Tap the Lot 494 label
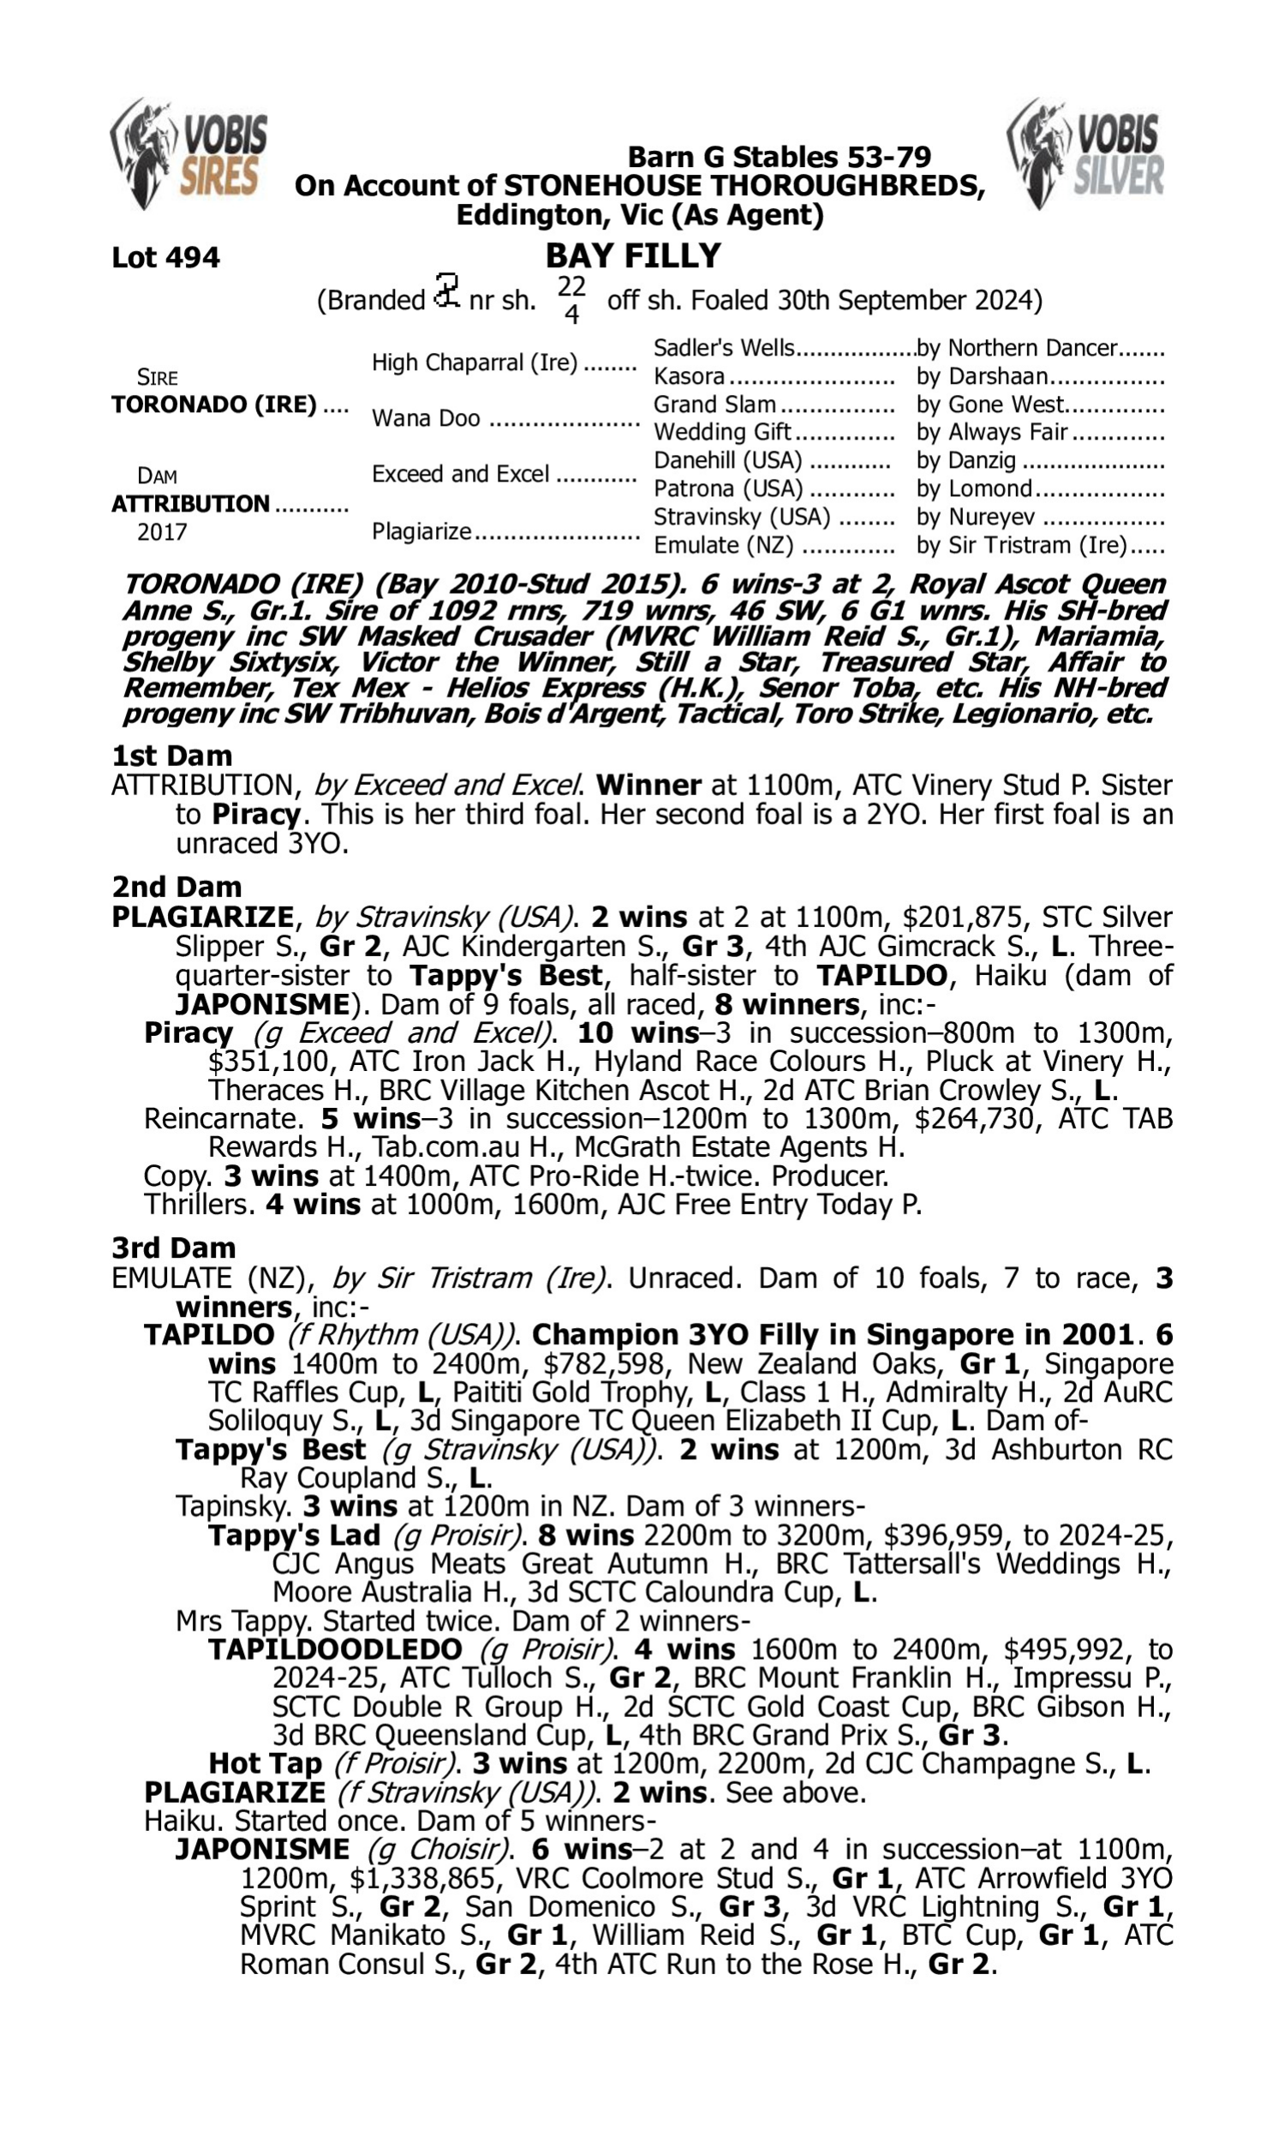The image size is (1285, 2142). tap(165, 257)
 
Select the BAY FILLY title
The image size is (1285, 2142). tap(633, 255)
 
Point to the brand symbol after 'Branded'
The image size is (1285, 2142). tap(447, 292)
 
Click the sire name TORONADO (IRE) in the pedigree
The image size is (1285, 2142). tap(214, 404)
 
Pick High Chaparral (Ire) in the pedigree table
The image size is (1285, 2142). tap(475, 362)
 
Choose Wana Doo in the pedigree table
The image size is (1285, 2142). tap(426, 418)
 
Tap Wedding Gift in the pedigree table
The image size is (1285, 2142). tap(722, 432)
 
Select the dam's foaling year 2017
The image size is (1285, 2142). tap(162, 531)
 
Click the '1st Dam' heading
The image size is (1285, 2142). tap(172, 756)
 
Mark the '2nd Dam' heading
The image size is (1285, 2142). tap(176, 887)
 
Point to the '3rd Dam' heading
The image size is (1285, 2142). tap(174, 1248)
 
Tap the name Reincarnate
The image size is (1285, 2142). tap(221, 1119)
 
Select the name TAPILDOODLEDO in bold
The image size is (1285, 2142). tap(335, 1649)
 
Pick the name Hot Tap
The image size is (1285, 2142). tap(265, 1763)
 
